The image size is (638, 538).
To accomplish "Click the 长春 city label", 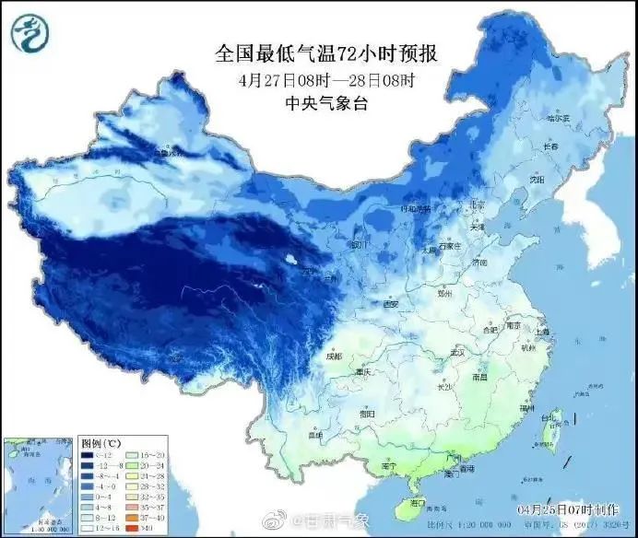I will tap(550, 146).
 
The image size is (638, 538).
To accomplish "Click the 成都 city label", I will tap(333, 356).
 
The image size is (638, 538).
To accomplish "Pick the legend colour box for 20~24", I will tap(130, 466).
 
